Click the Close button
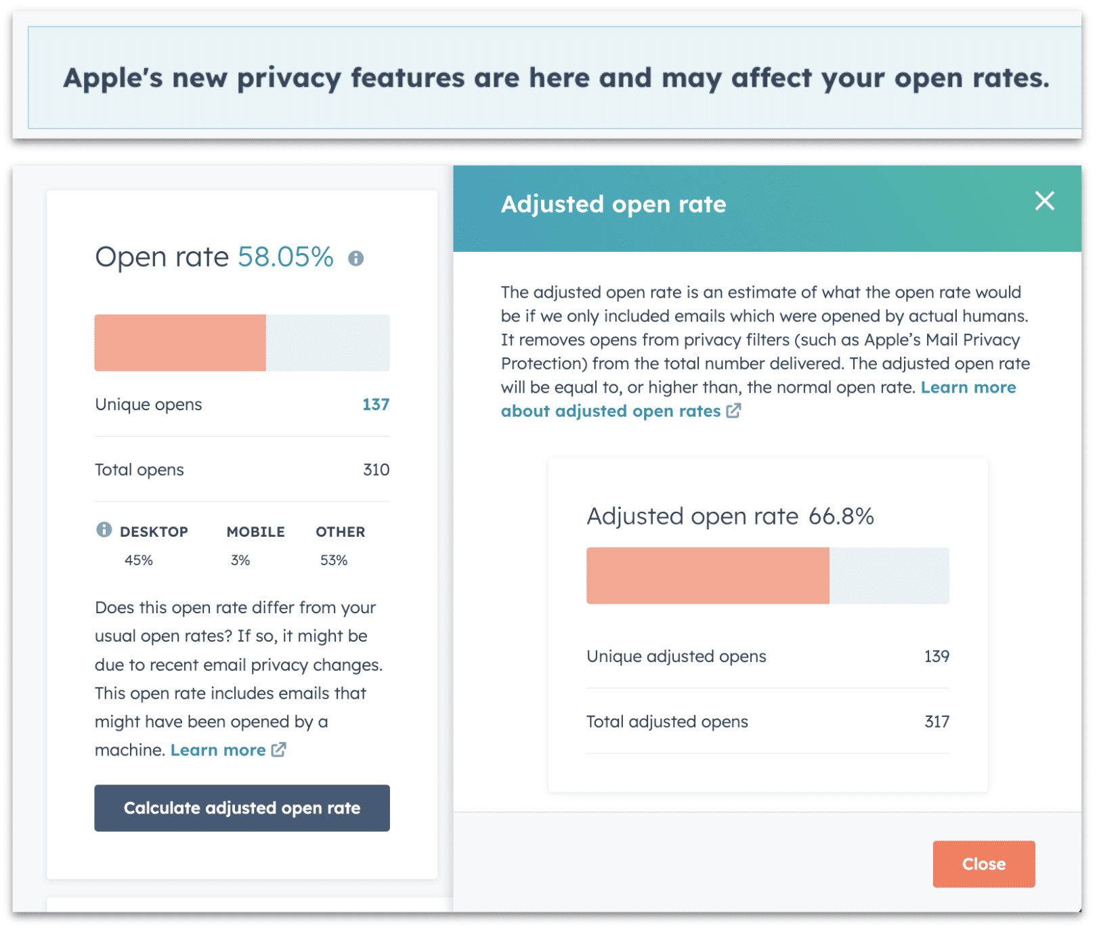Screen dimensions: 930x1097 [x=983, y=864]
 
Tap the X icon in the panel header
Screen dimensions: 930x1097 [x=1044, y=201]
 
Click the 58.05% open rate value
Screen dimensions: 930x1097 [x=285, y=257]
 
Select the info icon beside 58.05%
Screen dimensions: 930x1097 [x=356, y=259]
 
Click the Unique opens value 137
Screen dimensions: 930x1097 [x=375, y=404]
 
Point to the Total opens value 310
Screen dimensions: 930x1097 [x=375, y=470]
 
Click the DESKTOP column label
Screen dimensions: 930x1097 [x=154, y=532]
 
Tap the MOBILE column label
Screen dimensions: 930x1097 [x=255, y=532]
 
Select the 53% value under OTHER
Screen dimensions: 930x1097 [x=333, y=560]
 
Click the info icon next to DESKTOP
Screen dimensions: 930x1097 [x=104, y=530]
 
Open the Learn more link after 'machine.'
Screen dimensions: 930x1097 [x=218, y=750]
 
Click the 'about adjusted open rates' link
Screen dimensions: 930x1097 [x=611, y=412]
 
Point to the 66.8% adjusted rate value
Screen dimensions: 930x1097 [x=840, y=516]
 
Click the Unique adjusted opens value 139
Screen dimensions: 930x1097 [x=936, y=656]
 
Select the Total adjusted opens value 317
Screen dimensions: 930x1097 [x=936, y=722]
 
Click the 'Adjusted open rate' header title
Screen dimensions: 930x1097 [x=613, y=204]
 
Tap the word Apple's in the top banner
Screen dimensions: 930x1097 [x=112, y=79]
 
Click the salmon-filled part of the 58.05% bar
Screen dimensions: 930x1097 [x=180, y=342]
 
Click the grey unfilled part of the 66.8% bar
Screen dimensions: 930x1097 [x=888, y=575]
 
